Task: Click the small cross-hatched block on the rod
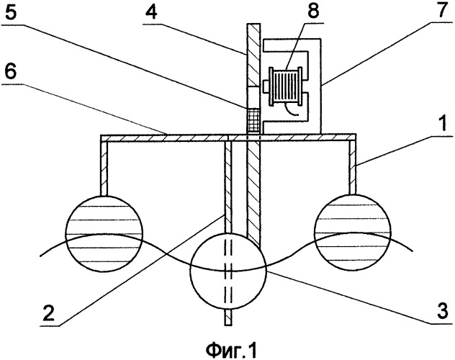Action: pos(253,121)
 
